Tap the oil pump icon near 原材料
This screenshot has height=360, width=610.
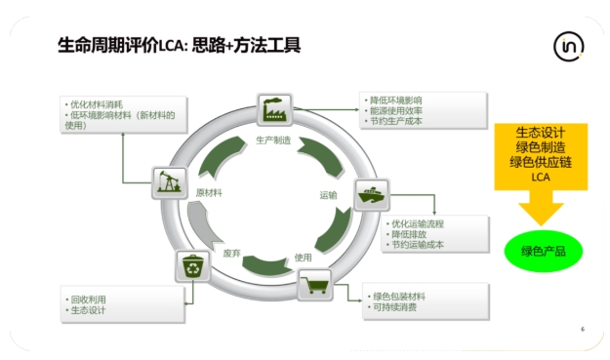click(x=169, y=181)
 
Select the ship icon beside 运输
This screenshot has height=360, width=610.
click(x=371, y=194)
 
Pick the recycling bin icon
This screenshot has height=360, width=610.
click(x=190, y=266)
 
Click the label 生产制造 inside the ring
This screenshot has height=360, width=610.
click(x=273, y=140)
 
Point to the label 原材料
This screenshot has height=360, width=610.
click(x=209, y=192)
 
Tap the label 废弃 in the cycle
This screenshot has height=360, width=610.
click(x=231, y=253)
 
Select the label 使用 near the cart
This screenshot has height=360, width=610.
click(x=303, y=257)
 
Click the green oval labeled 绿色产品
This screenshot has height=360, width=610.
click(x=543, y=252)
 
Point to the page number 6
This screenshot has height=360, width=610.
click(x=582, y=328)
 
